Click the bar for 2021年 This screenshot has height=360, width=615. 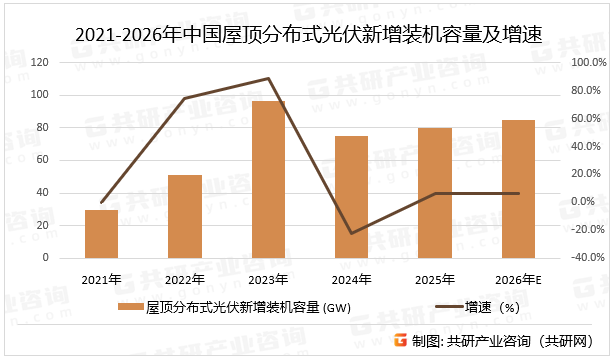point(101,234)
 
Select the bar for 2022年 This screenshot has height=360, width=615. point(185,216)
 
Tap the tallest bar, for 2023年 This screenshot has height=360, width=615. point(268,180)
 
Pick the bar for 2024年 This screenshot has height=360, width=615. point(351,197)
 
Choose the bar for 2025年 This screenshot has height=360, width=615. point(434,193)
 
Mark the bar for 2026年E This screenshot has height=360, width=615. point(518,189)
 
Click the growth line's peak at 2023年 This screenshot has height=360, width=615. point(268,78)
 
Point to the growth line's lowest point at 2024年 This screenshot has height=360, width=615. point(351,233)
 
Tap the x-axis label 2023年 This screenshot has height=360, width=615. point(268,279)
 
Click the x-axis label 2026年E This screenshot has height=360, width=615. point(518,279)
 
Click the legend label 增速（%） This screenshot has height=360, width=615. point(496,307)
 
